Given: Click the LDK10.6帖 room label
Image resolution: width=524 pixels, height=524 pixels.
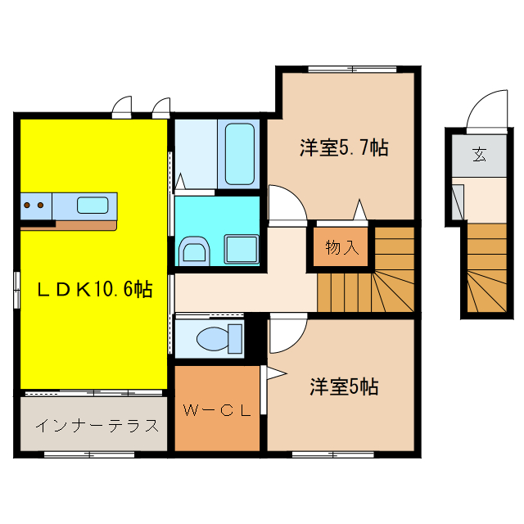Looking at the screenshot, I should [x=93, y=289].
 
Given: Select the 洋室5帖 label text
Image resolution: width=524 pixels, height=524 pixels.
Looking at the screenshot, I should [x=343, y=386].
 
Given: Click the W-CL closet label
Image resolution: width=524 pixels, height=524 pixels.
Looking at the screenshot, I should [x=216, y=410].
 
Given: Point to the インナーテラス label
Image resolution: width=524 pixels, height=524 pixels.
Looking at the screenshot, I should [x=96, y=426].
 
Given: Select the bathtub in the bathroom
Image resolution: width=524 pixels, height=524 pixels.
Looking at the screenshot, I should [x=239, y=154].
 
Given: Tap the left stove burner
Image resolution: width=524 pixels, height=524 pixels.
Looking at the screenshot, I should [x=28, y=205].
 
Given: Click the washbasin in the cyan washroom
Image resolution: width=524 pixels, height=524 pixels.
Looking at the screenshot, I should [x=194, y=251].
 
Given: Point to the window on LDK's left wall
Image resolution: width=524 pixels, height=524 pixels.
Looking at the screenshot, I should [x=16, y=291].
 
